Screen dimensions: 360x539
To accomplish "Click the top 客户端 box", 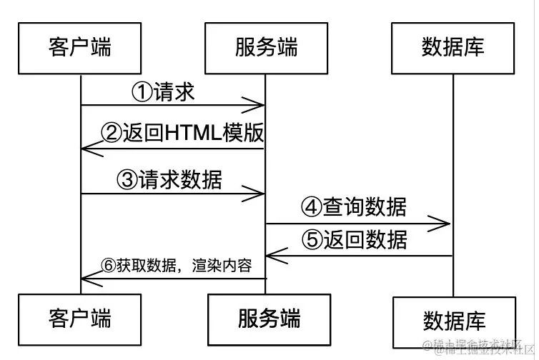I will click(x=80, y=48).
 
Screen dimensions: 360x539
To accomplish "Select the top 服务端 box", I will click(x=266, y=48).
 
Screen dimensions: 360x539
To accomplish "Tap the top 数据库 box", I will click(x=453, y=48).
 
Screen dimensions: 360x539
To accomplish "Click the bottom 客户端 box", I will click(x=80, y=316).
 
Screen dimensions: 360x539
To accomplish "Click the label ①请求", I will click(x=163, y=91).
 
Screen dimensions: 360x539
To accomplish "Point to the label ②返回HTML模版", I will click(x=182, y=134).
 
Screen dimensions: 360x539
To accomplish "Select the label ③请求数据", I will click(x=169, y=179).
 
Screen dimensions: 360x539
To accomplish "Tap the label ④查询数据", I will click(x=354, y=207).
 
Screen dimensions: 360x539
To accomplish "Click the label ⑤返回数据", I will click(x=354, y=239).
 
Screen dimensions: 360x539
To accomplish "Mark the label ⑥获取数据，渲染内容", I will click(x=176, y=266).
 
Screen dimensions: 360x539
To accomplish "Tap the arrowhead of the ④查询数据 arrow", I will click(x=445, y=224).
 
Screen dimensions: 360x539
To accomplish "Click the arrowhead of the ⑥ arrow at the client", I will click(x=86, y=279).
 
